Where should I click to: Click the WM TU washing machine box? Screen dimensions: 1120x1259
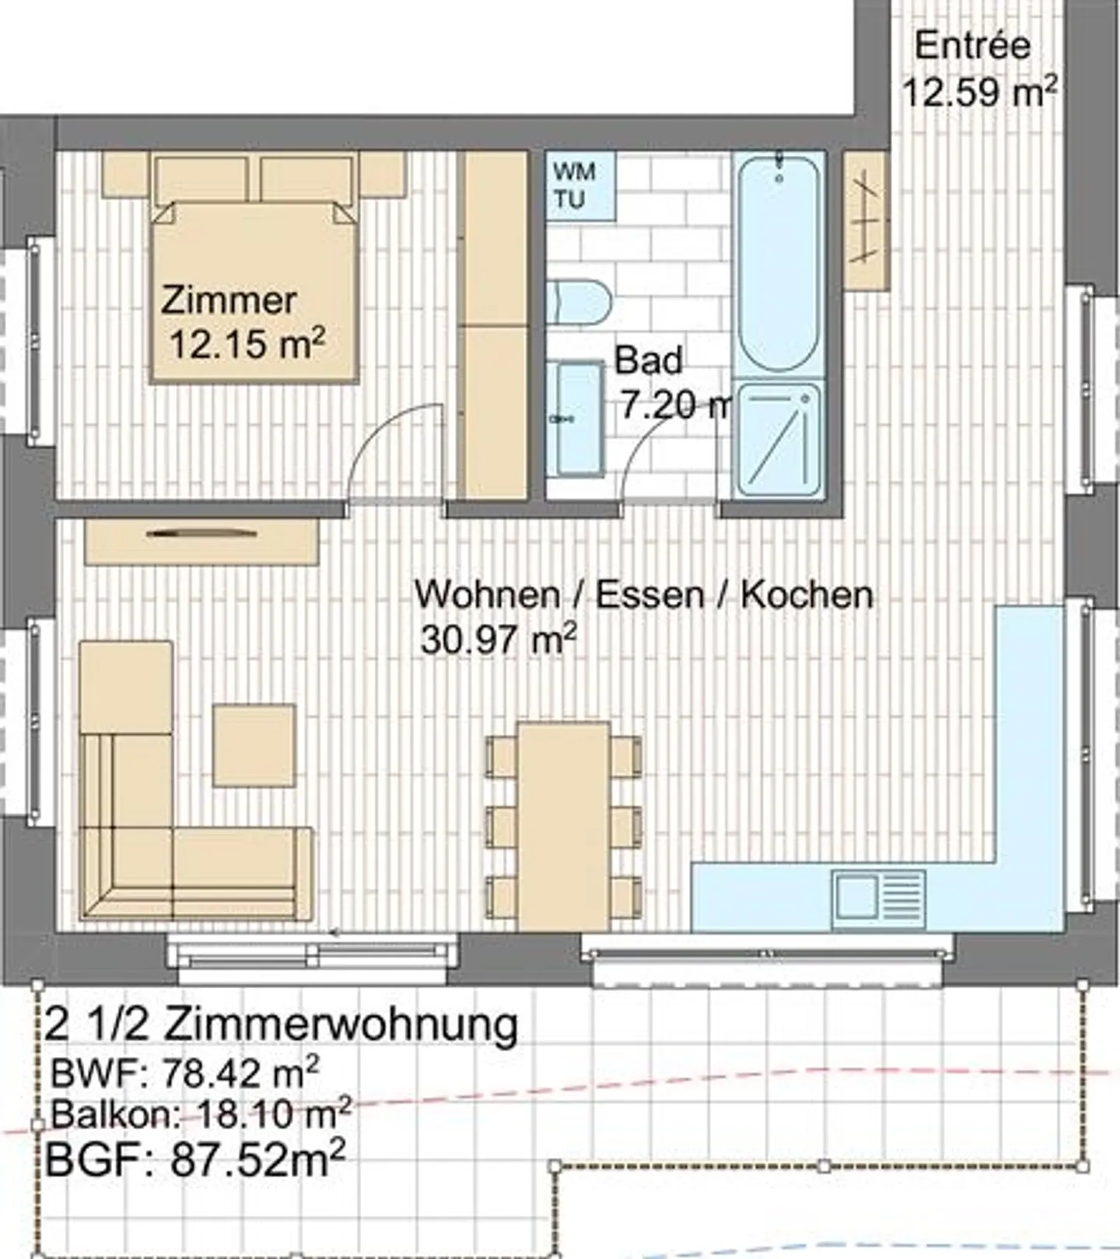[580, 186]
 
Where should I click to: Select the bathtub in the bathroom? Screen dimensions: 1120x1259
[779, 263]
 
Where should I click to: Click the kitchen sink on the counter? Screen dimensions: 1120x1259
[879, 900]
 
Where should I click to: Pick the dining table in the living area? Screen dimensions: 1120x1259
[564, 826]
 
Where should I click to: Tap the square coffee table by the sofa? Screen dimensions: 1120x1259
[254, 745]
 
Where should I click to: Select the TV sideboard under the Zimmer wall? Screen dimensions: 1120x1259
[201, 542]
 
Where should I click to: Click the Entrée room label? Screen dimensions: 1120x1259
[972, 45]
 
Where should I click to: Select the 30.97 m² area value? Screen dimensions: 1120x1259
[499, 640]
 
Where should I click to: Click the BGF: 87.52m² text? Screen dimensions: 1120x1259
[195, 1159]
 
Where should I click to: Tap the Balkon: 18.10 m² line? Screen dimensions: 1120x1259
[201, 1113]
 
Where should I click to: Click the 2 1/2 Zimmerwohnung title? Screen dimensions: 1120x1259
[282, 1024]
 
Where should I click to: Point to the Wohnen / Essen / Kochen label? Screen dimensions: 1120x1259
[644, 594]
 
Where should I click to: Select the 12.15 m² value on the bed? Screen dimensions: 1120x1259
[247, 342]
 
